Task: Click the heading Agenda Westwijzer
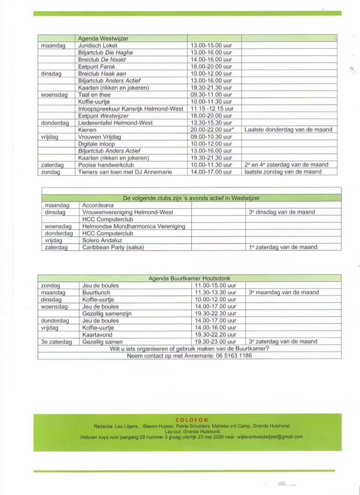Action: coord(103,38)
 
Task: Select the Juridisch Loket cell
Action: coord(98,45)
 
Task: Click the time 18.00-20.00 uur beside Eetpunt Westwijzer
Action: coord(211,116)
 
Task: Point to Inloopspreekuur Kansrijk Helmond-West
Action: coord(130,109)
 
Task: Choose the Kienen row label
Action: coord(87,130)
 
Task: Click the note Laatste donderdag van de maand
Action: coord(288,130)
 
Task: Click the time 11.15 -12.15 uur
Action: coord(212,109)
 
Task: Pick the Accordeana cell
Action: coord(98,205)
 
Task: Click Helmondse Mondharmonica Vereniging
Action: coord(133,226)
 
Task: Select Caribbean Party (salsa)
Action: coord(113,247)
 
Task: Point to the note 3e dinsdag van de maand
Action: coord(282,212)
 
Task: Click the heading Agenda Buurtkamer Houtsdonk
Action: coord(189,278)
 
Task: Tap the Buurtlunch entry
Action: coord(96,292)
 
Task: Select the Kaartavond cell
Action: coord(98,335)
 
